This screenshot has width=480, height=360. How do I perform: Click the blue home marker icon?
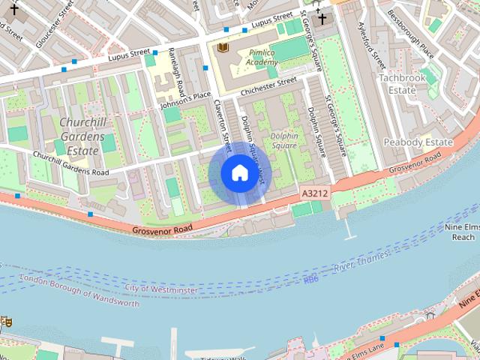[x=238, y=173]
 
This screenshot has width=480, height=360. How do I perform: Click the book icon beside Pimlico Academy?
[x=222, y=48]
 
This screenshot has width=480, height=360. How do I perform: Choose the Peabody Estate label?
[x=418, y=142]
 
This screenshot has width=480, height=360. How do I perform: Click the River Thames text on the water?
[x=362, y=262]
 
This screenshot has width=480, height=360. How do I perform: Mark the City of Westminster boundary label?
[x=161, y=289]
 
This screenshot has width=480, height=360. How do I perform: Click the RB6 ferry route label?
[x=311, y=280]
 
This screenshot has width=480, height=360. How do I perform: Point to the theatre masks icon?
[x=6, y=321]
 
